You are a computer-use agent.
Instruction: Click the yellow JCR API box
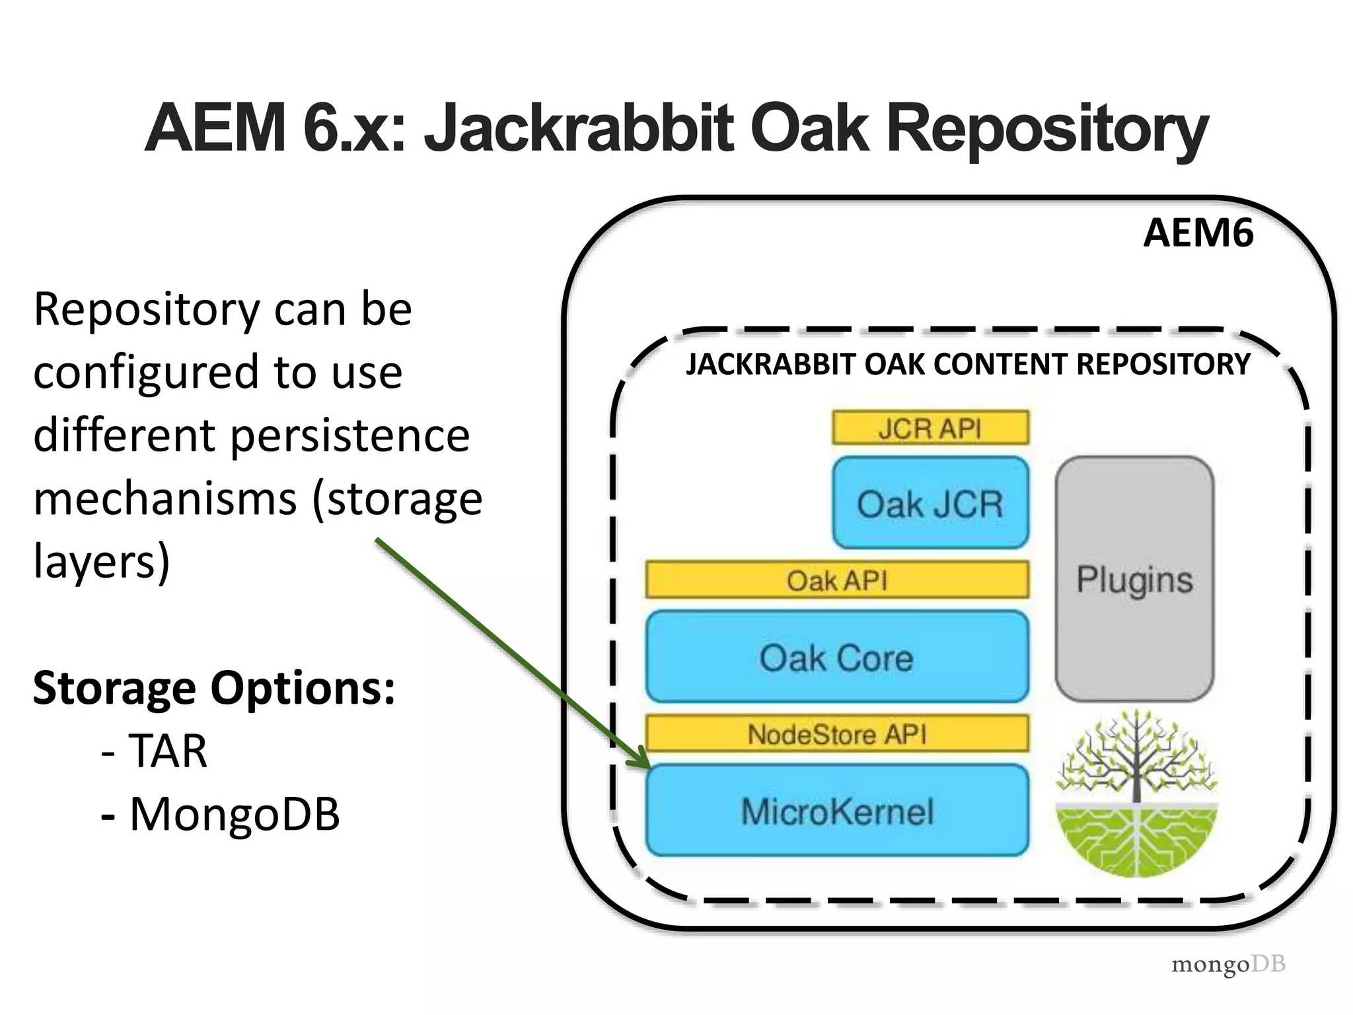[930, 428]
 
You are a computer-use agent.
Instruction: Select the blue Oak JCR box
[930, 503]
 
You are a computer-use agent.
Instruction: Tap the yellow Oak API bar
[836, 580]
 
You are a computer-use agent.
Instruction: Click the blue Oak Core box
[836, 657]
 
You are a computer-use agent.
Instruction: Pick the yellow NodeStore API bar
[836, 733]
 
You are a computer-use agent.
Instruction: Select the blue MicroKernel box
[836, 811]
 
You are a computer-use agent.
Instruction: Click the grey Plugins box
[1134, 579]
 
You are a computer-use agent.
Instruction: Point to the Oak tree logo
[1136, 793]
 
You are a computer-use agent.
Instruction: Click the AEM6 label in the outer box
[1198, 233]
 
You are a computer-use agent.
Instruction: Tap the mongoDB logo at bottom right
[1227, 964]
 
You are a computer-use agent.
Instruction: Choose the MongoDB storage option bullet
[234, 813]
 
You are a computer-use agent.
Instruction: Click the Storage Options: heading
[214, 688]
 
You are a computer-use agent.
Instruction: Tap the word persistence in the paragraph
[350, 435]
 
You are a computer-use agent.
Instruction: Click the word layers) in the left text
[102, 561]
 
